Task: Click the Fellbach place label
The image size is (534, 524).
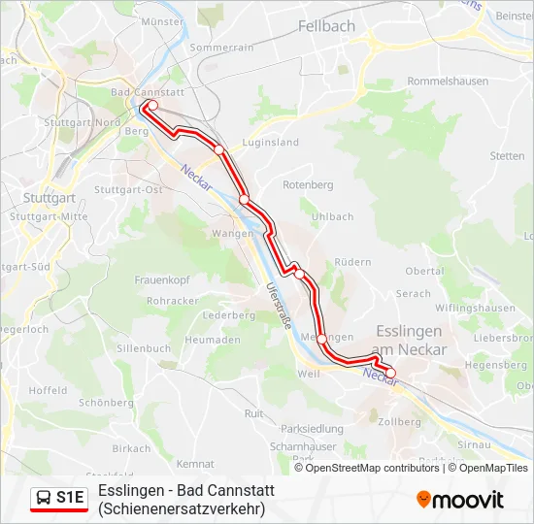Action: click(x=326, y=26)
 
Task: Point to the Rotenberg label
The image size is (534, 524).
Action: click(x=308, y=184)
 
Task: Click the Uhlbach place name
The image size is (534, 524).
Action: click(x=333, y=216)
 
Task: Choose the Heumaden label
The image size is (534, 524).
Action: click(x=212, y=340)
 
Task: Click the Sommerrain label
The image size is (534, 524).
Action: click(x=221, y=47)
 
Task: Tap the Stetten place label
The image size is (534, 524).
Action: click(x=507, y=155)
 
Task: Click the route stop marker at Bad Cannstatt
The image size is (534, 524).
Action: click(x=152, y=106)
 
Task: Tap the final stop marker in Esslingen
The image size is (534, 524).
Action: click(x=390, y=373)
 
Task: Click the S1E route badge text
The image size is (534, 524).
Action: click(x=71, y=498)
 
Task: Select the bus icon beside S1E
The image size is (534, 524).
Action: click(x=44, y=498)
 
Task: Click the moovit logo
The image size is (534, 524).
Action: click(x=460, y=500)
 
